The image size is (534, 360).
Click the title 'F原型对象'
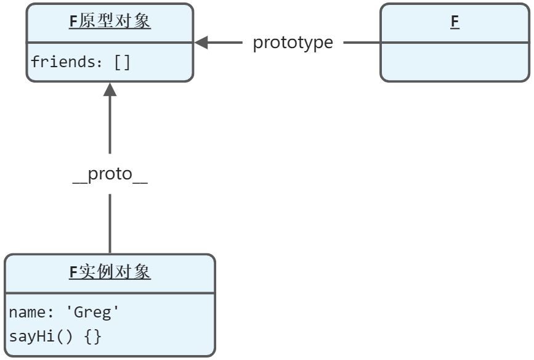coord(110,22)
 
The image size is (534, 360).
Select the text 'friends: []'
coord(81,62)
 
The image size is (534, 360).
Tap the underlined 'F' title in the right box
coord(455,22)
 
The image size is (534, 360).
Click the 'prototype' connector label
coord(293,43)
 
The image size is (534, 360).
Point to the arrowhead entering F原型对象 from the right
coord(202,43)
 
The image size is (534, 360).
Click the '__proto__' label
coord(110,174)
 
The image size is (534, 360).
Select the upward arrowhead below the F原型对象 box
coord(110,90)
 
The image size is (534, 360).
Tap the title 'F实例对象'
coord(110,272)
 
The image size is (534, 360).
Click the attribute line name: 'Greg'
coord(64,313)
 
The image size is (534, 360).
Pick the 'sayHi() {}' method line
coord(55,337)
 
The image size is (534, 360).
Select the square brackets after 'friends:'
coord(123,62)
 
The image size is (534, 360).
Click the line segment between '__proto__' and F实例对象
coord(110,223)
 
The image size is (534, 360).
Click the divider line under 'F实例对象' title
coord(110,293)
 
